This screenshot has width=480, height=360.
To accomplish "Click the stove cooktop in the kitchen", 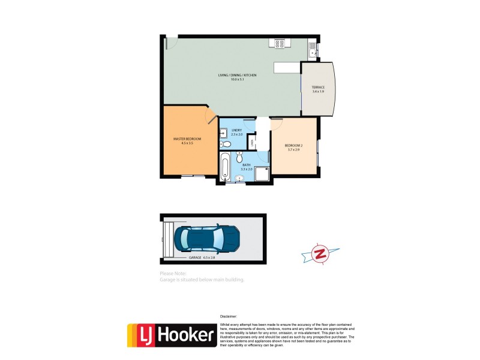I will point(280,43).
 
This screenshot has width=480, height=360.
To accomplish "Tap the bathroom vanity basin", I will point(239,178).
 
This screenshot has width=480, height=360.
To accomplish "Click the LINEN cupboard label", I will point(252,143).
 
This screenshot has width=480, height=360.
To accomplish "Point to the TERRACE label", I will point(317,88).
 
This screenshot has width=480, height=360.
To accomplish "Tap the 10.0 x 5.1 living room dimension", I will point(238,79).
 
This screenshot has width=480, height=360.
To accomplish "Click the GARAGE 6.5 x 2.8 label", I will point(202,257).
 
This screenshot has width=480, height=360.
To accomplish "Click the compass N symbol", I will point(320,254).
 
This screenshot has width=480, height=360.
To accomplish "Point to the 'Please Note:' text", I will point(173,274).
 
